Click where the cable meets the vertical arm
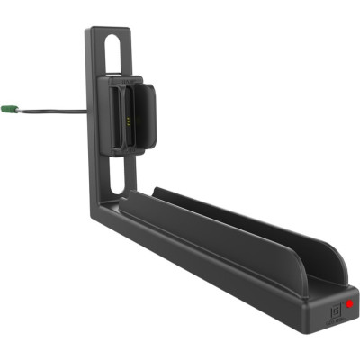[87, 112]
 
